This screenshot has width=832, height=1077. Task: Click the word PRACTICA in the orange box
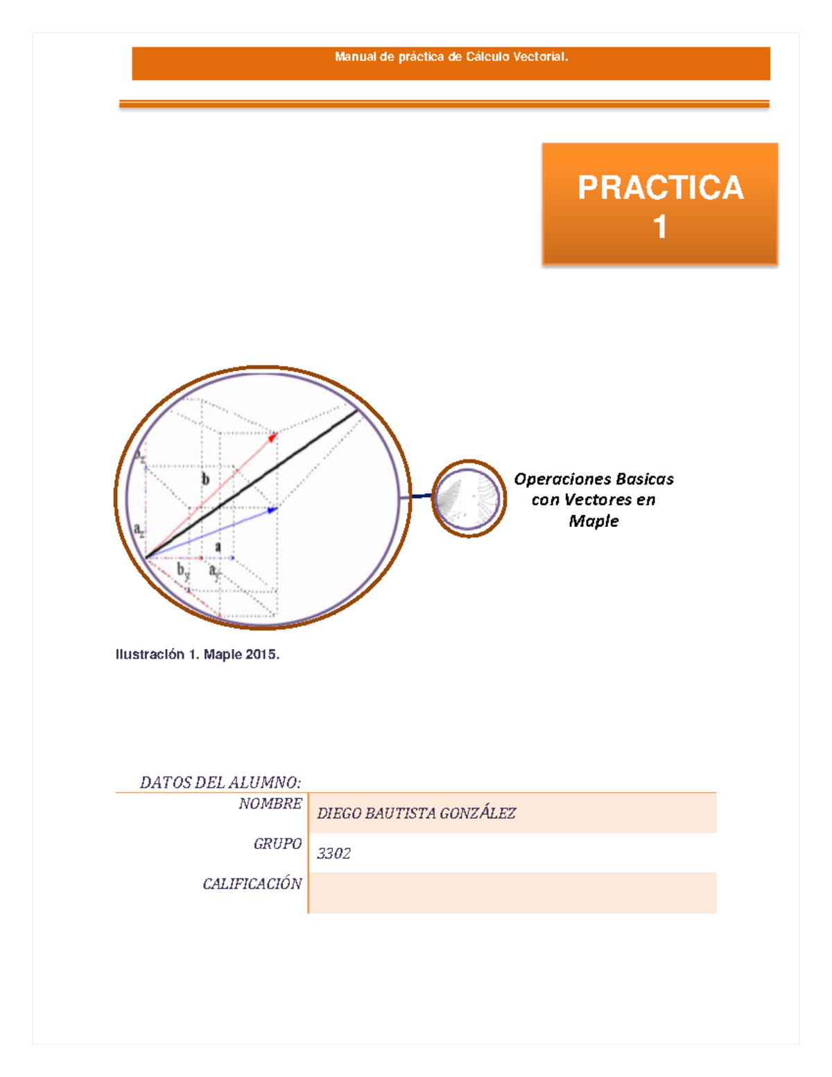coord(660,188)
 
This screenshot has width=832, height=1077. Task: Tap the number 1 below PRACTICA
coord(660,227)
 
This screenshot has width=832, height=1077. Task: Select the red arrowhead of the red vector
coord(272,437)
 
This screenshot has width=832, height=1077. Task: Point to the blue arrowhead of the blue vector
coord(272,510)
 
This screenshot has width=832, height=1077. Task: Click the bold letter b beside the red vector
coord(205,479)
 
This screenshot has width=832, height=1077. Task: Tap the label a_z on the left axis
coord(139,530)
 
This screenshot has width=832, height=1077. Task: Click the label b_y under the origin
coord(183,571)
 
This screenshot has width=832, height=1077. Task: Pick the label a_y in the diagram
coord(215,571)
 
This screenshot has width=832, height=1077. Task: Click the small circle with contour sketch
coord(469,499)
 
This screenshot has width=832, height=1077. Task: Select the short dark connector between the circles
coord(421,496)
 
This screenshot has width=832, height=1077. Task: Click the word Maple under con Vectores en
coord(593,521)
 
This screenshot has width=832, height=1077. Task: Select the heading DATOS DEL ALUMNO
coord(220,782)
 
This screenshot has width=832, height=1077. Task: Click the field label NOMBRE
coord(270,804)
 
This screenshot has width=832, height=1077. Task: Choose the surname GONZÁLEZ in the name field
coord(478,813)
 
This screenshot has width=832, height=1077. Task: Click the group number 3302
coord(333,854)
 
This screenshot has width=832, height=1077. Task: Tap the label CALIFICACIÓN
coord(252,884)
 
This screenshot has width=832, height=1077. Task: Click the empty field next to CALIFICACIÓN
coord(512,893)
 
